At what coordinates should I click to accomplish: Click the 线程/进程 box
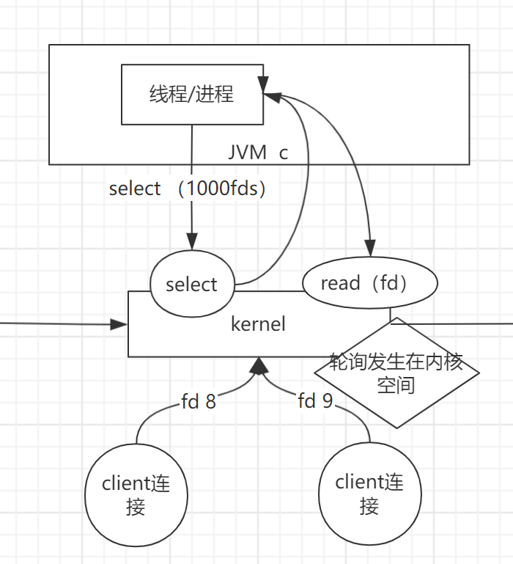(x=192, y=94)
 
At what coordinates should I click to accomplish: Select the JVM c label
(x=258, y=153)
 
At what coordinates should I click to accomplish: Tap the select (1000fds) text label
(x=187, y=188)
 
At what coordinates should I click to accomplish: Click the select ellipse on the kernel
(x=192, y=285)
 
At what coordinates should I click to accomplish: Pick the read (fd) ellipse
(x=369, y=283)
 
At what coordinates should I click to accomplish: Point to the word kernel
(x=258, y=323)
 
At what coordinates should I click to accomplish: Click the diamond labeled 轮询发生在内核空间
(x=396, y=373)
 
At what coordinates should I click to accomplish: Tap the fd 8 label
(x=199, y=401)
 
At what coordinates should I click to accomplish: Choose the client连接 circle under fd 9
(x=369, y=493)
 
